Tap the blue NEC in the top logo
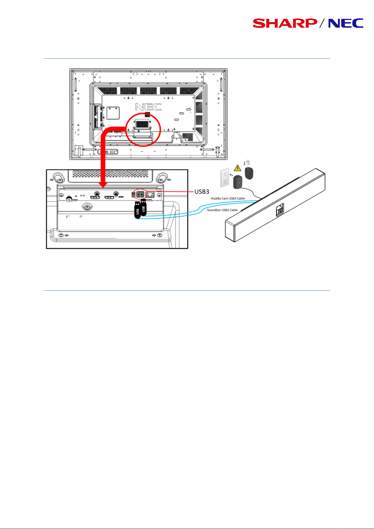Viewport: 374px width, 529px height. click(346, 24)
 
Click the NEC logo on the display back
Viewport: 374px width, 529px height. click(148, 107)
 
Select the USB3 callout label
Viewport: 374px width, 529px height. click(202, 192)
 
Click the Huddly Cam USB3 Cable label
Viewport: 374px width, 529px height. click(228, 198)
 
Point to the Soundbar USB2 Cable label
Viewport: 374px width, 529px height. click(222, 210)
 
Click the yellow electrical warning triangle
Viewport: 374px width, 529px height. click(238, 169)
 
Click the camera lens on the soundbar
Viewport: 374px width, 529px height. click(279, 211)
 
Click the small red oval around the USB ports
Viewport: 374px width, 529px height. click(140, 194)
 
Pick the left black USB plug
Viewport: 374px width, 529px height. click(137, 210)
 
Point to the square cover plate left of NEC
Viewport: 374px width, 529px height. click(113, 113)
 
